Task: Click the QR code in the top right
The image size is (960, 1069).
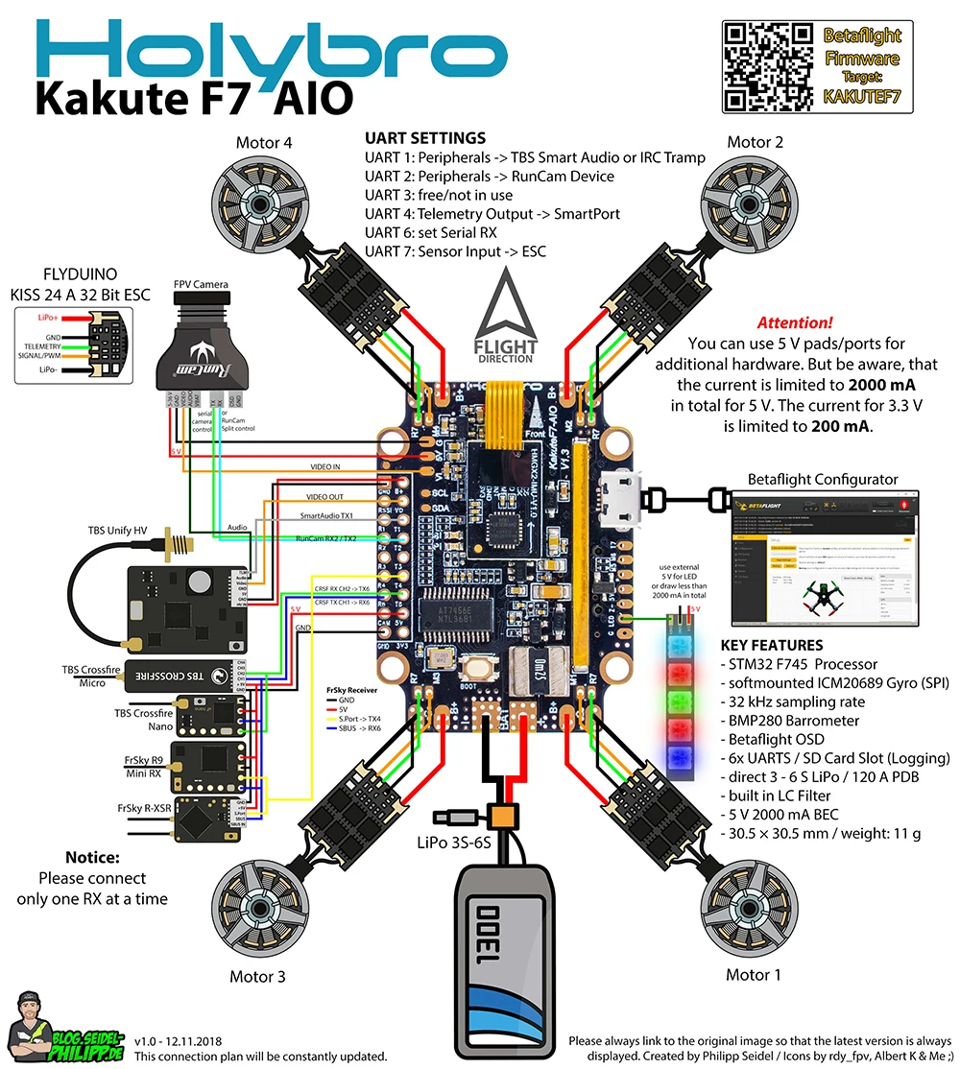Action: tap(762, 65)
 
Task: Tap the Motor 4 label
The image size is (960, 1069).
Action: tap(264, 143)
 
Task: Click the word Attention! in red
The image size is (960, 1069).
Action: tap(795, 323)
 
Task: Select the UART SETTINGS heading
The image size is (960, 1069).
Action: tap(425, 138)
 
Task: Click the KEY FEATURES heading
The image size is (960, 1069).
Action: tap(772, 645)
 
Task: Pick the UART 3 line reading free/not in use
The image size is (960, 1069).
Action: tap(439, 195)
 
